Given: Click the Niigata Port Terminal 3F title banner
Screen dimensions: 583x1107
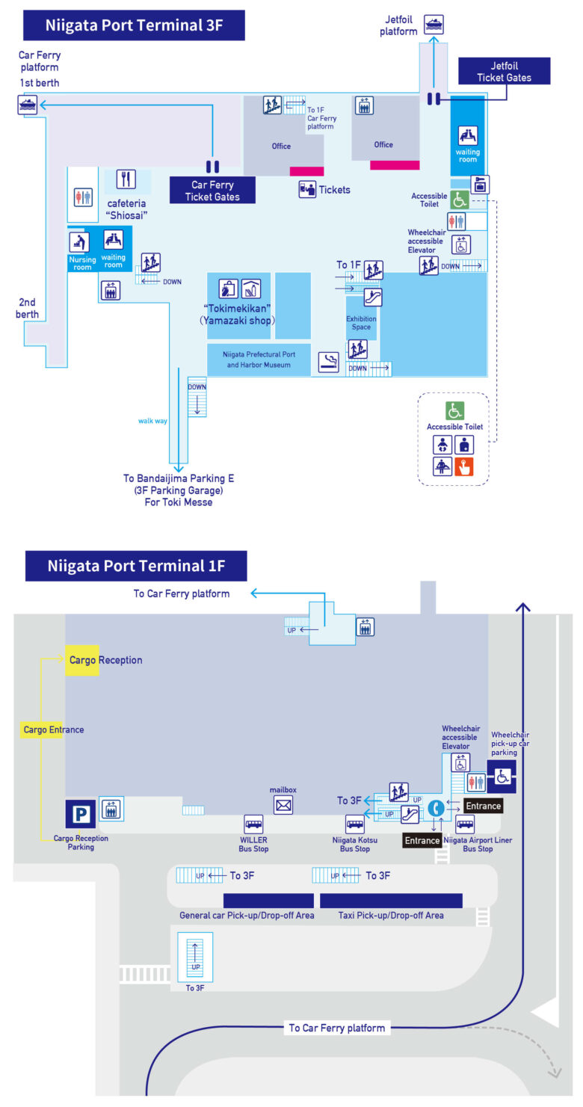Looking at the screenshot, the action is tap(134, 25).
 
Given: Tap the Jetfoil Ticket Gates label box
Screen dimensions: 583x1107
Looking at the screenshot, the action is tap(504, 71).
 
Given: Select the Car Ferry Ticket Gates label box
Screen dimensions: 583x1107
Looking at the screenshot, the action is tap(212, 191).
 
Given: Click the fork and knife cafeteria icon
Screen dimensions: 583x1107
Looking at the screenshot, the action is tap(126, 179).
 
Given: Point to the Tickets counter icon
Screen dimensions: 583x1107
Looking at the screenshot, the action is tap(307, 189).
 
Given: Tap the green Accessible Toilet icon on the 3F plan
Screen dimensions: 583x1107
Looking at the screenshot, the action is tap(460, 200).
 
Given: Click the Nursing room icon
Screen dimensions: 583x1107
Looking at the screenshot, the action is tap(79, 241).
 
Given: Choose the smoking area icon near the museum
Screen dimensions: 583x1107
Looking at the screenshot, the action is tap(329, 362).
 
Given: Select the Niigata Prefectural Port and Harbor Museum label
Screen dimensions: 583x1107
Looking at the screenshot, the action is tap(259, 360).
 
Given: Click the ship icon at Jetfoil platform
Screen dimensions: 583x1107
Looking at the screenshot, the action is tap(434, 24).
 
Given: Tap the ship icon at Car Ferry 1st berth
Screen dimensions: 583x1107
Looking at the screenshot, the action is tap(28, 105).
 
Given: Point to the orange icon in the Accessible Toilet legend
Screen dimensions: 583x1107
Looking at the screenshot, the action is tap(464, 466).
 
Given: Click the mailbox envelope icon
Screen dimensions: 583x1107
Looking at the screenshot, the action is tap(283, 805).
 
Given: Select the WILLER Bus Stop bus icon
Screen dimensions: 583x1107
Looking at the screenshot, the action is tap(254, 824).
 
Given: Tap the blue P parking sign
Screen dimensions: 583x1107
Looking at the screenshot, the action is tap(81, 813).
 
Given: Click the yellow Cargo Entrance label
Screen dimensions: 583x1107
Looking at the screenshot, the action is tap(53, 730).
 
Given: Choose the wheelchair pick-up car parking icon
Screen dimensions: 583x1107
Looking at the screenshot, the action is tap(502, 777).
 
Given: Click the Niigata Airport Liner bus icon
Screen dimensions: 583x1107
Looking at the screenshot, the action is tap(465, 824).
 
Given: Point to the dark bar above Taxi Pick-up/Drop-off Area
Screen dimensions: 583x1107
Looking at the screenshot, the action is tap(392, 901).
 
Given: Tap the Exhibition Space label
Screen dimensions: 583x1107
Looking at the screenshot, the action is tap(361, 323).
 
